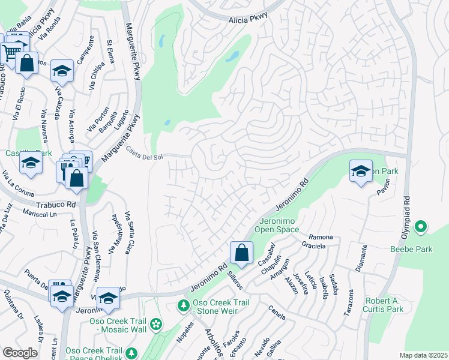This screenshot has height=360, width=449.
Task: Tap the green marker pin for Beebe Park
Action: click(x=421, y=226)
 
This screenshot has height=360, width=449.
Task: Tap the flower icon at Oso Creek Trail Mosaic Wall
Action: click(x=157, y=325)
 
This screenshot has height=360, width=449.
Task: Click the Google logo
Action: click(x=20, y=353)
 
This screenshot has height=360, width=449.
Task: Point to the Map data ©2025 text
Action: click(x=423, y=355)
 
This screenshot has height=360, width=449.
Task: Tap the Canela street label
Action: click(x=277, y=312)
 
